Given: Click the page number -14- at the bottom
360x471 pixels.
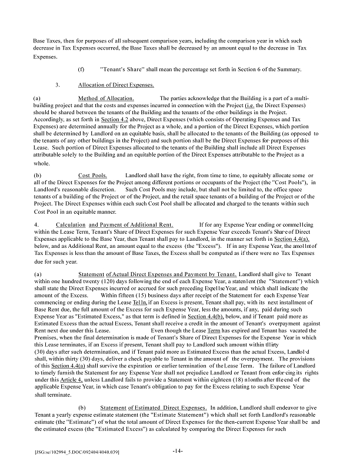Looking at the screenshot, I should pyautogui.click(x=178, y=450).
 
